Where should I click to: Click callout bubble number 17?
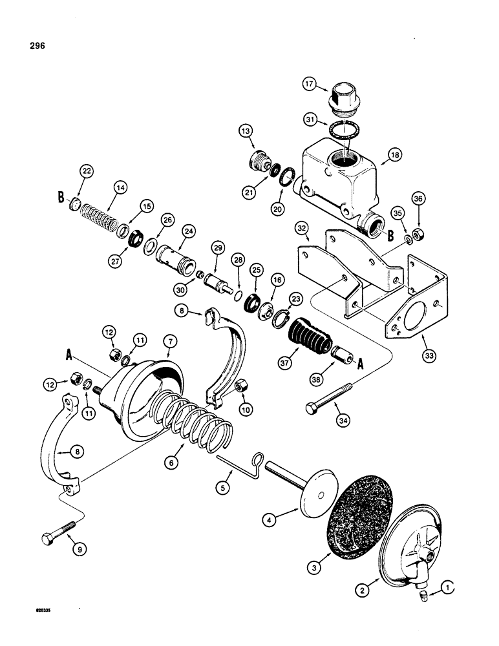[x=310, y=84]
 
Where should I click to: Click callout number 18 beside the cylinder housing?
[x=393, y=154]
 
